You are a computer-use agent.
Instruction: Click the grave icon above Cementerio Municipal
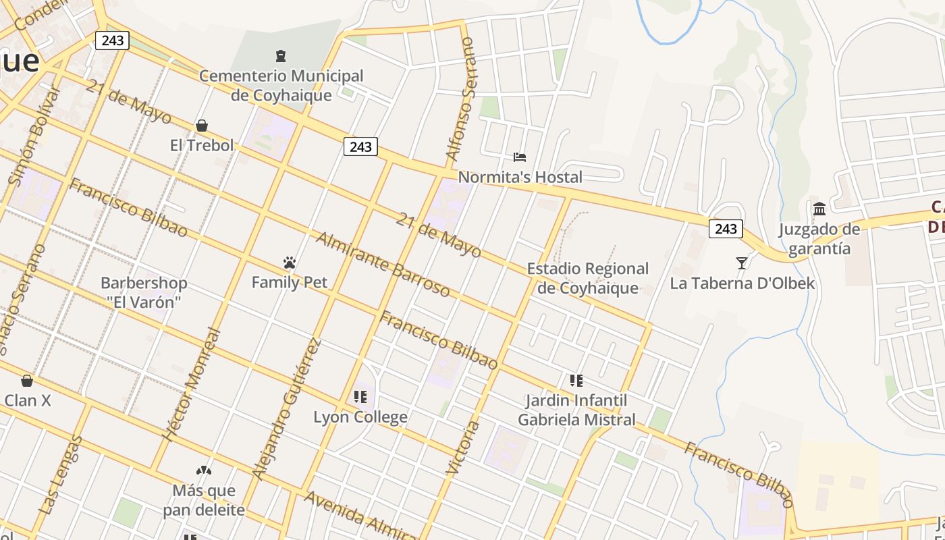click(281, 55)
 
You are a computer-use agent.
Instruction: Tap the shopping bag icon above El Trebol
click(201, 126)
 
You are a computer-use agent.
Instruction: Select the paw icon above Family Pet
click(290, 263)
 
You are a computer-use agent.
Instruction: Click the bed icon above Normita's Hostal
click(520, 157)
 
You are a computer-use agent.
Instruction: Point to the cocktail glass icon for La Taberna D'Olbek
click(742, 263)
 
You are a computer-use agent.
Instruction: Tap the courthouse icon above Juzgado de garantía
click(819, 209)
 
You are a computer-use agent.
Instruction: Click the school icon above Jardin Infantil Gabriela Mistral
click(576, 381)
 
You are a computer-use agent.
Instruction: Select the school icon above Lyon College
click(360, 397)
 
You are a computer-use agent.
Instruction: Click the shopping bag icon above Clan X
click(27, 381)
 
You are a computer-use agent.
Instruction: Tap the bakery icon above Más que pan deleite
click(204, 470)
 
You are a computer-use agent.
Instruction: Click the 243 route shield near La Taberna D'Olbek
click(726, 229)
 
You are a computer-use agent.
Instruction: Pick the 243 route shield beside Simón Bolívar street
click(112, 40)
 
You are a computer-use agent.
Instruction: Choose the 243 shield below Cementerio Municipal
click(360, 146)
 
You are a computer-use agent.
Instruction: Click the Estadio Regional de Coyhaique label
click(587, 278)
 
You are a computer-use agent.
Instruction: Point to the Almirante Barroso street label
click(383, 265)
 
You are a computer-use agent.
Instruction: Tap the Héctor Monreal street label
click(192, 385)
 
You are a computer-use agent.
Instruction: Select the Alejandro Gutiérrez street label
click(286, 408)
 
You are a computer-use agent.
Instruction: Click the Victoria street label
click(463, 447)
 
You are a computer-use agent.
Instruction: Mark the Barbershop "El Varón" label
click(144, 292)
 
